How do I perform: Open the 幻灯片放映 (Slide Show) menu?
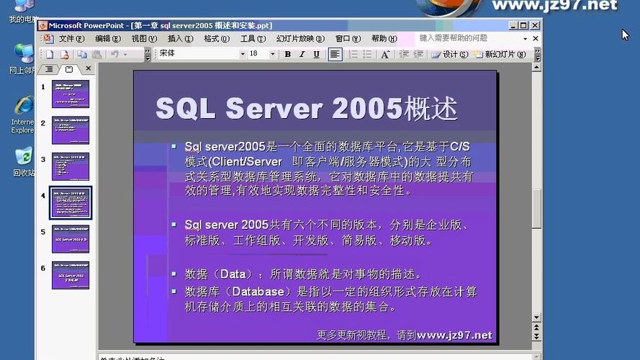tap(295, 39)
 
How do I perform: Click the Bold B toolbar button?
tap(288, 54)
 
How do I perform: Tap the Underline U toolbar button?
tap(317, 54)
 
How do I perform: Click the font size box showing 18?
tap(258, 54)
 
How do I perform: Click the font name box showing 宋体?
tap(198, 54)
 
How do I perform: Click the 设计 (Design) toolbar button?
tap(446, 54)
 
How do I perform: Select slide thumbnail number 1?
tap(71, 94)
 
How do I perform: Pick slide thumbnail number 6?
tap(71, 276)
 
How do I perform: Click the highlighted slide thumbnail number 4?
tap(71, 203)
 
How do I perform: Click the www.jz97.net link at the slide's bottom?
tap(454, 335)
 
